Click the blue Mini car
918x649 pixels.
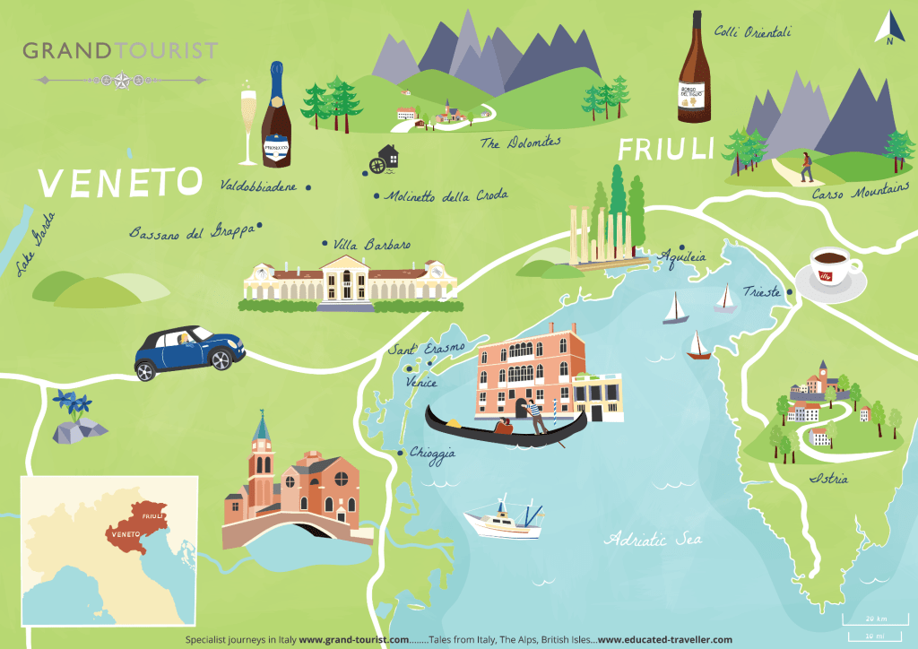point(189,350)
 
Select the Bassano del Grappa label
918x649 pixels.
point(192,231)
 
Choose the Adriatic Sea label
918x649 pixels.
point(653,539)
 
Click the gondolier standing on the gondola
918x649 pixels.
point(536,416)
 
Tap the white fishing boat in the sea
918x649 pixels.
point(502,520)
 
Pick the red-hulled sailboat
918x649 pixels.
point(698,347)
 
